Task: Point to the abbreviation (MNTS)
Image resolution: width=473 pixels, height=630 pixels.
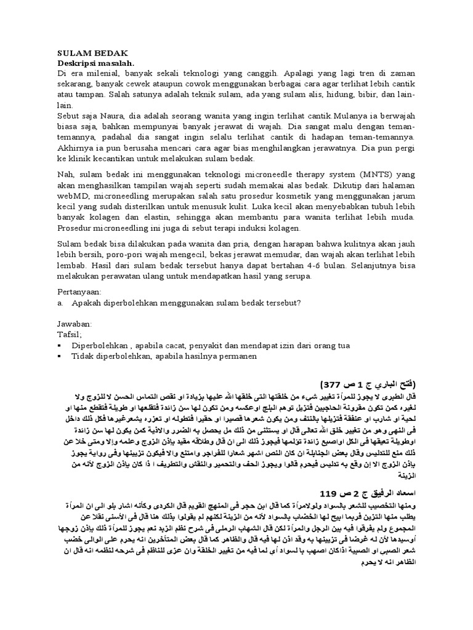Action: click(x=360, y=173)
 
